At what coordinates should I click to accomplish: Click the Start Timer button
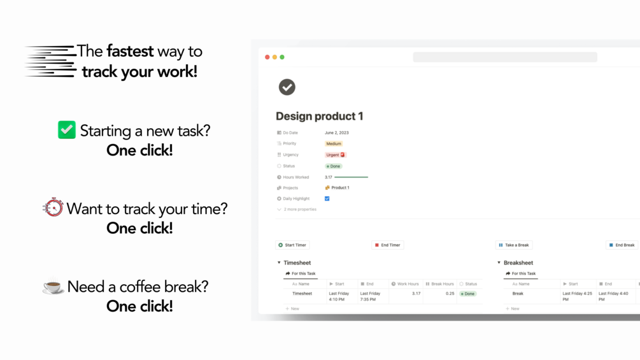click(x=292, y=245)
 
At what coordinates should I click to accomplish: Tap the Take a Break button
click(x=514, y=245)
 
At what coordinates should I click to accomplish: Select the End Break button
click(x=622, y=245)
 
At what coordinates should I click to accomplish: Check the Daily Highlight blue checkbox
click(x=327, y=199)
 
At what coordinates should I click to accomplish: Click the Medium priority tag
click(x=334, y=143)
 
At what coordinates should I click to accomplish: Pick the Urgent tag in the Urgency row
click(x=335, y=155)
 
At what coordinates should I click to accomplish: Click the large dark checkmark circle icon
click(x=287, y=87)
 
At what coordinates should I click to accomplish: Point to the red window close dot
click(x=267, y=57)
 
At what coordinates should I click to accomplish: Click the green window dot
click(x=282, y=57)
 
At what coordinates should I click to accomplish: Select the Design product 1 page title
click(x=319, y=117)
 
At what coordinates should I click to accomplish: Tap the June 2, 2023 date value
click(x=337, y=133)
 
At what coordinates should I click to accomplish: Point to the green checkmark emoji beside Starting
click(x=66, y=130)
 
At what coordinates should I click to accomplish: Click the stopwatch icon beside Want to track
click(x=53, y=207)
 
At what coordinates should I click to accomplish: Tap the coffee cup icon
click(x=53, y=286)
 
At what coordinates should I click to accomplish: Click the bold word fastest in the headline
click(x=130, y=52)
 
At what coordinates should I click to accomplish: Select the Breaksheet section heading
click(x=518, y=263)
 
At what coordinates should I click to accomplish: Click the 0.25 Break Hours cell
click(x=450, y=294)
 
